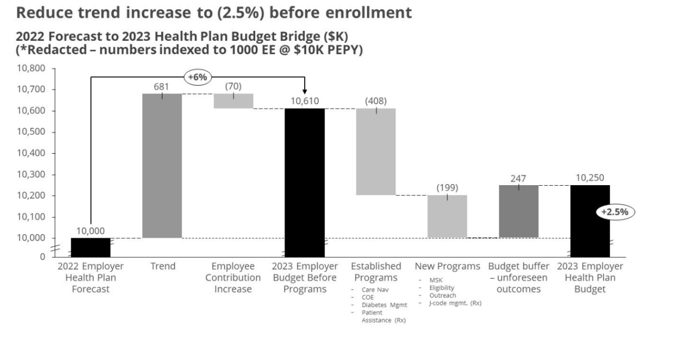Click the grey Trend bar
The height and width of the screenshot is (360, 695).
(x=162, y=166)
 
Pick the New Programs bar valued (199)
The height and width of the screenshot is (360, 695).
(x=447, y=216)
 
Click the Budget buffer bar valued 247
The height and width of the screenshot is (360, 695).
(x=519, y=211)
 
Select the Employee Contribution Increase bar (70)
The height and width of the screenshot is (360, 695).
(x=233, y=101)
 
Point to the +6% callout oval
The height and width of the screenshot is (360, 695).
(x=197, y=77)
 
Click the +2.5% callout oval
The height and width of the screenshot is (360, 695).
(x=615, y=212)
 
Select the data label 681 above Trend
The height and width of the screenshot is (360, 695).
(x=162, y=87)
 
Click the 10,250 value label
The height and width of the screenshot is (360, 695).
(x=590, y=178)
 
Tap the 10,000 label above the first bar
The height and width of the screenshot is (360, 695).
(x=91, y=231)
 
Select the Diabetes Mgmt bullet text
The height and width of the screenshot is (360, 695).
(x=384, y=305)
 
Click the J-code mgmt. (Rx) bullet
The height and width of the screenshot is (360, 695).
(x=455, y=303)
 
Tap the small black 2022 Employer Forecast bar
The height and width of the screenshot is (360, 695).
(x=91, y=247)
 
